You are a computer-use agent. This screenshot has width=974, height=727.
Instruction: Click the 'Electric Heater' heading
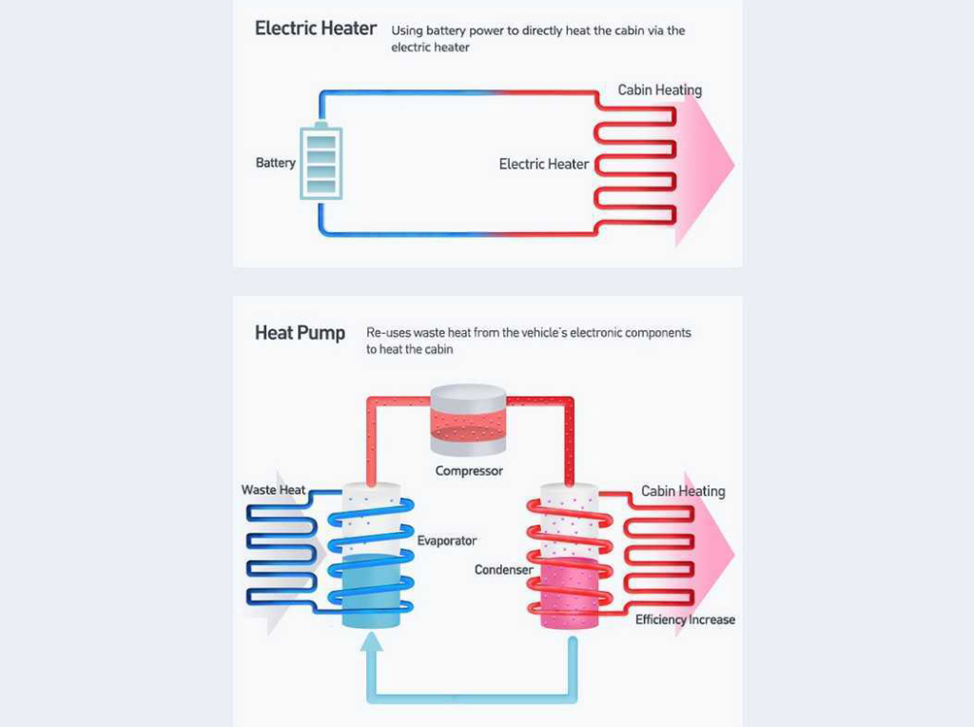point(316,29)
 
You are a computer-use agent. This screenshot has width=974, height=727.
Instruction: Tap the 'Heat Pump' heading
point(300,333)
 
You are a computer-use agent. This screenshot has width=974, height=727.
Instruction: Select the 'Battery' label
point(276,163)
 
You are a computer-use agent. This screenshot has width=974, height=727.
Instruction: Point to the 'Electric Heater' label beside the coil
point(544,164)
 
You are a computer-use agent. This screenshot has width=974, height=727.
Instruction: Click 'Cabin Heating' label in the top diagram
point(660,90)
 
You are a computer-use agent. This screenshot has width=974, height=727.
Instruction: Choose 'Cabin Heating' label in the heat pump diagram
point(683,491)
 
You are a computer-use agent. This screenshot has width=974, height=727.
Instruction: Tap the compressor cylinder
point(468,419)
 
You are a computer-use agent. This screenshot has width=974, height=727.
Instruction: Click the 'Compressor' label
point(469,471)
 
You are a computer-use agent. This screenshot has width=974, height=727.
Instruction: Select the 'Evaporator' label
point(447,540)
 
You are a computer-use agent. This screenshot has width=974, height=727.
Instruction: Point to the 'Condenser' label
point(504,569)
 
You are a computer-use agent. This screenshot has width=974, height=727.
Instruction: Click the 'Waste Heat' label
point(274,490)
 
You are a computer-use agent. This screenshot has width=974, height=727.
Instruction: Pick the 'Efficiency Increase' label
point(685,619)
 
